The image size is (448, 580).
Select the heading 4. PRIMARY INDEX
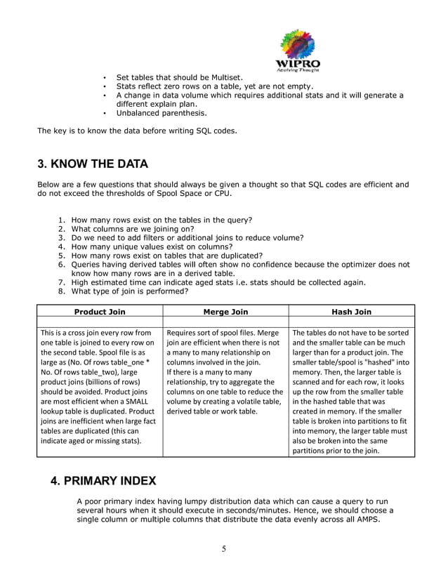(x=104, y=481)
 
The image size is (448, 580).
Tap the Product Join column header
(x=100, y=311)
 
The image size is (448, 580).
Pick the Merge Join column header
(x=225, y=311)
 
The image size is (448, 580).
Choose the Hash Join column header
(x=351, y=311)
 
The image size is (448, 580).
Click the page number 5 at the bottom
(x=223, y=549)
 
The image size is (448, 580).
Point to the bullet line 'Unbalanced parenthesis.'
(x=162, y=113)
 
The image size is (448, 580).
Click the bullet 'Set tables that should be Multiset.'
(x=179, y=77)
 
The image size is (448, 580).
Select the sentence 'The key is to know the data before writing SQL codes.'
(x=137, y=131)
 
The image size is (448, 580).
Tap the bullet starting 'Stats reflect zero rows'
(x=213, y=86)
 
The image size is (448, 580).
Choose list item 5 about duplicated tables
(x=167, y=256)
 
